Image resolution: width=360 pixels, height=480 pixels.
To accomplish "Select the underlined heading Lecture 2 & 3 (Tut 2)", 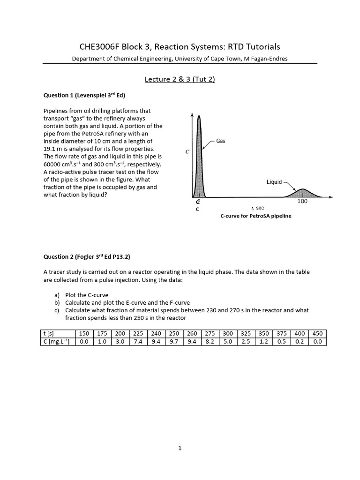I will (x=180, y=79).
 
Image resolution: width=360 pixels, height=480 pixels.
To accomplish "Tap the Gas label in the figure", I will (x=221, y=141).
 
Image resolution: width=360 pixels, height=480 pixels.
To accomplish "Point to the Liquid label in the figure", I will (x=274, y=182).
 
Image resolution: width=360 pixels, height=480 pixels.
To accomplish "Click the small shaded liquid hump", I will (x=302, y=193).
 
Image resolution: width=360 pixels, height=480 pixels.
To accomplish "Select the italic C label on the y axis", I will (x=187, y=151).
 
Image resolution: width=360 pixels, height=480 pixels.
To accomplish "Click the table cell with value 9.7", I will (x=174, y=342).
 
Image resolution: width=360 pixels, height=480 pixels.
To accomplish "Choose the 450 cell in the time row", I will (x=317, y=333).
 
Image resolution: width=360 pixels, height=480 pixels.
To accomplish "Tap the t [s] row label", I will (x=48, y=333).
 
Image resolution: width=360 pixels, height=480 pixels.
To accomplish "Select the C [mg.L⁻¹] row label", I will (x=56, y=342).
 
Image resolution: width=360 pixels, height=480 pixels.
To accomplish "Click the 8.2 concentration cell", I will (x=210, y=342).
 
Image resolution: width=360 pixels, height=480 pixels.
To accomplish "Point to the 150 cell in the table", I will (x=84, y=333).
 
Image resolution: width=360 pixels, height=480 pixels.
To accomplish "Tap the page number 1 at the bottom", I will (x=180, y=448).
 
